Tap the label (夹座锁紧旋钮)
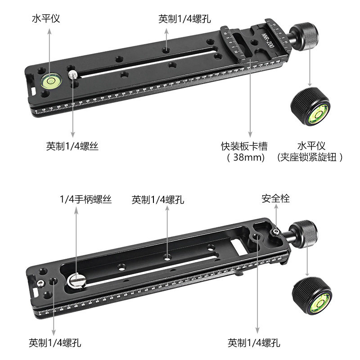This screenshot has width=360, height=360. pos(310,157)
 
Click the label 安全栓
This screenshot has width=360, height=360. pos(276,198)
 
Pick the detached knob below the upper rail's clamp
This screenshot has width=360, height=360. pos(311,106)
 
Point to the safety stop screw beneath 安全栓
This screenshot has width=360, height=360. pos(274,231)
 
